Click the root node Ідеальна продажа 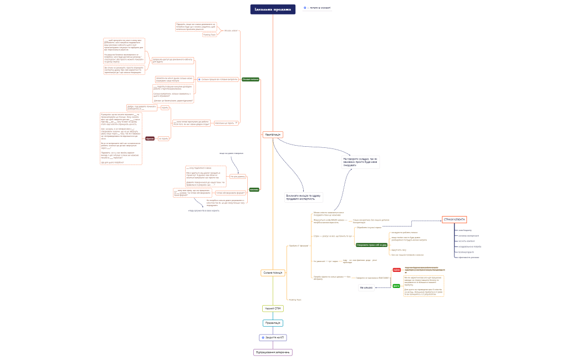tap(273, 9)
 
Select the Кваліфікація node tap(273, 135)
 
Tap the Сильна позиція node tap(273, 272)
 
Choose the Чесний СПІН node tap(273, 308)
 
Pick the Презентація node tap(273, 322)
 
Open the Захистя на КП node tap(273, 337)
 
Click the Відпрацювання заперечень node tap(273, 352)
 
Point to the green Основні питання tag tap(251, 79)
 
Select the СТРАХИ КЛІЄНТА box tap(454, 220)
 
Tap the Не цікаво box tap(366, 287)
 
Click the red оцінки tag tap(396, 270)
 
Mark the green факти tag tap(396, 286)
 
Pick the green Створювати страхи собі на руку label tap(372, 244)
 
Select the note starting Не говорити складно tap(361, 162)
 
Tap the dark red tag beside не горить tap(150, 138)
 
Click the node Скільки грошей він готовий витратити tap(218, 79)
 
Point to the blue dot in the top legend tap(305, 8)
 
